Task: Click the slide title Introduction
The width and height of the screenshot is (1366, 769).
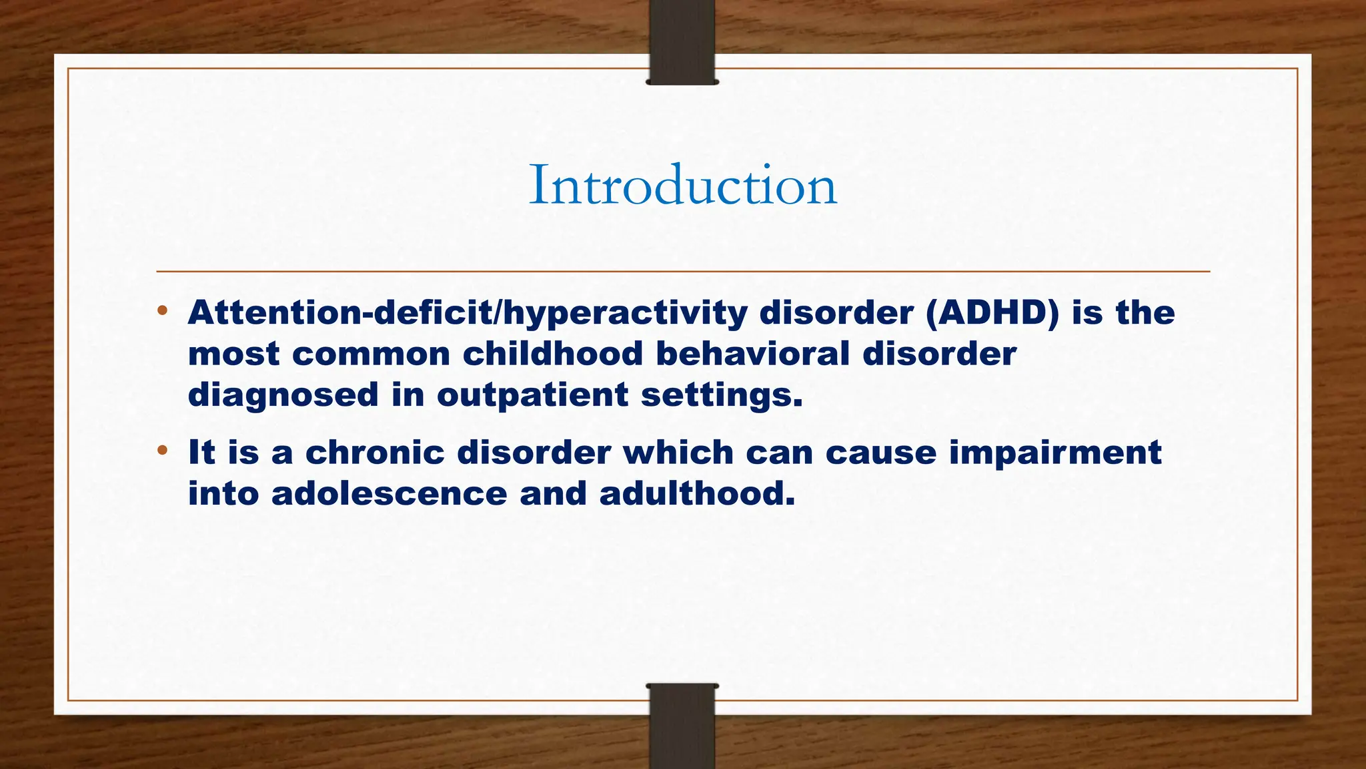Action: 682,186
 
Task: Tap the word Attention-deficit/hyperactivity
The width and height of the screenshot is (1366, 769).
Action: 467,314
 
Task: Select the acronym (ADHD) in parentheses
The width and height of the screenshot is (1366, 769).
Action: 992,314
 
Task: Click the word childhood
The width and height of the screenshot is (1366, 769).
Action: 552,354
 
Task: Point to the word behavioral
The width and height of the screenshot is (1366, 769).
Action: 753,354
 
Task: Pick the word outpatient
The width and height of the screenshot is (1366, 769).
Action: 532,395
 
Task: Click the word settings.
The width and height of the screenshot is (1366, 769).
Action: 722,395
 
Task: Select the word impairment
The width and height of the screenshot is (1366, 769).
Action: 1055,453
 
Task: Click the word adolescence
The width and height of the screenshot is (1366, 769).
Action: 389,494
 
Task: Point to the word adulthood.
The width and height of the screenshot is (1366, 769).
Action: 697,494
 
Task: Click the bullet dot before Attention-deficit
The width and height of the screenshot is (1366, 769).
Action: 162,311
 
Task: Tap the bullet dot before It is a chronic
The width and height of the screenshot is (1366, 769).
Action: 162,451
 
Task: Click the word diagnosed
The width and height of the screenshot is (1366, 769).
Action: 283,395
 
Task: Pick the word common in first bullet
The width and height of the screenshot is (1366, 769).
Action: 371,354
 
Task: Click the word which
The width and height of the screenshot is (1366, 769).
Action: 678,453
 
